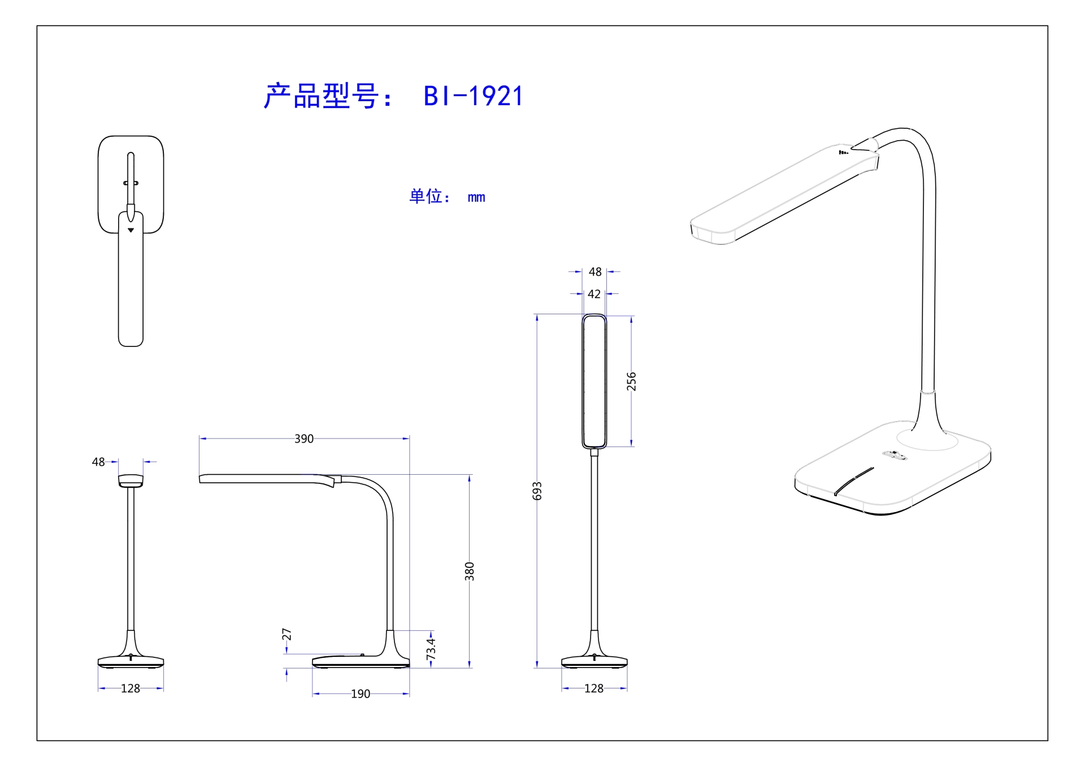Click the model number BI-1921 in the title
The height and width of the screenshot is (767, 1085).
click(473, 96)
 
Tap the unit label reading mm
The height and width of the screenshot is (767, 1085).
click(476, 197)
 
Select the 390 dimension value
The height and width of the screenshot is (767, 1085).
click(304, 439)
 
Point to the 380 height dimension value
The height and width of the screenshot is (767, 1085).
click(469, 571)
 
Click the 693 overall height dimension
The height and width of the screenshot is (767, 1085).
click(537, 491)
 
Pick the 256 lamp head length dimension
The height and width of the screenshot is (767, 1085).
click(631, 382)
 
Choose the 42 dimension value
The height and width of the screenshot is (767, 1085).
click(594, 294)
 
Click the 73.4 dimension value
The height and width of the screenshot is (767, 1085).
click(431, 649)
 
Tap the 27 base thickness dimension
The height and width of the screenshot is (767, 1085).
click(287, 634)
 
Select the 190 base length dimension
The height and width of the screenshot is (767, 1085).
click(361, 694)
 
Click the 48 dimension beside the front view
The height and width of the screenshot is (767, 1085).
click(98, 462)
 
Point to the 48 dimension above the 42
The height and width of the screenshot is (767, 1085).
click(595, 272)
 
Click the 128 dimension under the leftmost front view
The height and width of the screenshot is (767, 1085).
click(131, 688)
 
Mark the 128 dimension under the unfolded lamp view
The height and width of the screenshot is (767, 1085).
click(594, 688)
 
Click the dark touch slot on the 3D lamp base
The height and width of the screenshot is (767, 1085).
click(854, 482)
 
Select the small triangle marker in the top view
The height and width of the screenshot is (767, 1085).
click(131, 230)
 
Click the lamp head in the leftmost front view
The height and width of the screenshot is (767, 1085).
click(131, 480)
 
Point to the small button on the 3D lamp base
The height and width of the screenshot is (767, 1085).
click(895, 454)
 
